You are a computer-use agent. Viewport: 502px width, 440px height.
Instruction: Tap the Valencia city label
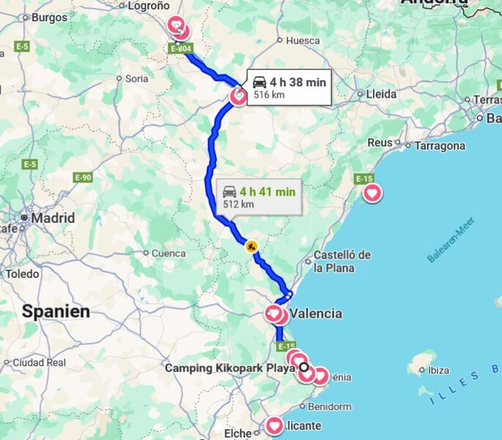click(316, 313)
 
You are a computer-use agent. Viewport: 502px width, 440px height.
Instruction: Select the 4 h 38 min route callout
click(289, 87)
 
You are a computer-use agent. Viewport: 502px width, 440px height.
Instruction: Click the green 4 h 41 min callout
click(259, 197)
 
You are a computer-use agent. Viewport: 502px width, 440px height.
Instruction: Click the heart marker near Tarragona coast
click(372, 194)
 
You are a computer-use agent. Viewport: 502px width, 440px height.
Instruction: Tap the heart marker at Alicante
click(275, 425)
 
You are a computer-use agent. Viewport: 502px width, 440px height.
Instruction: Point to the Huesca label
click(303, 40)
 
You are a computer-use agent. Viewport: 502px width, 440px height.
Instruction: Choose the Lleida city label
click(381, 94)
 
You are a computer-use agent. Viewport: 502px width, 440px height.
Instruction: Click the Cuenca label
click(169, 253)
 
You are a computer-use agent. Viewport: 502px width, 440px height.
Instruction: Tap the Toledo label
click(22, 274)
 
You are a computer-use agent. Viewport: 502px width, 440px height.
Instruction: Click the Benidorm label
click(330, 406)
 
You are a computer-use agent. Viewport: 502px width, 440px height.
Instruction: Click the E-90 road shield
click(83, 177)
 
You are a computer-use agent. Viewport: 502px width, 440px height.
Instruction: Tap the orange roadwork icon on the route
click(251, 247)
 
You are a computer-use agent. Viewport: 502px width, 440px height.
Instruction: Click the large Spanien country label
click(56, 311)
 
